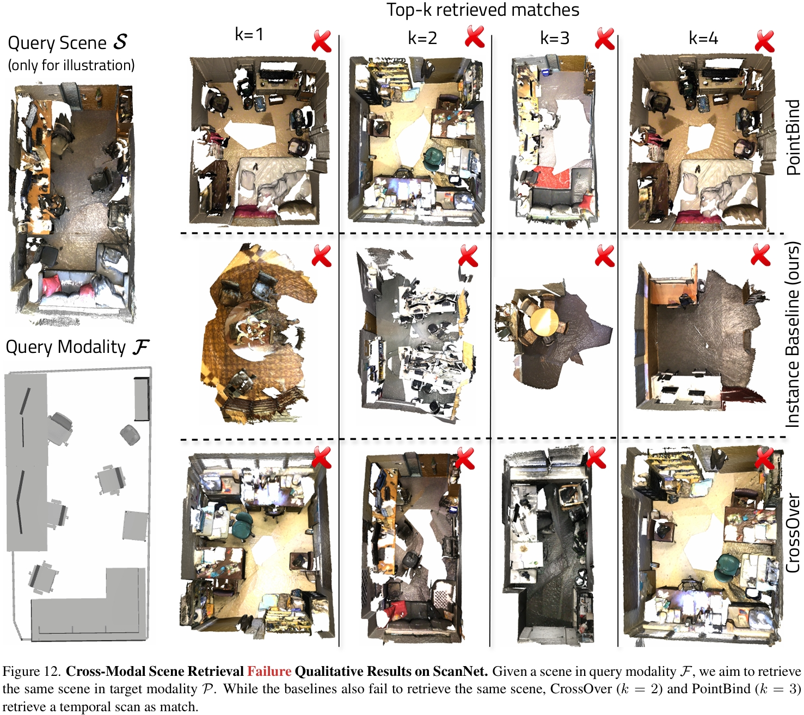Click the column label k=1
(249, 34)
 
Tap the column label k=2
(422, 38)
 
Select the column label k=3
(554, 38)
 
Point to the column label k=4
(703, 38)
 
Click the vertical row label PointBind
(793, 137)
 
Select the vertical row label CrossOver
(793, 533)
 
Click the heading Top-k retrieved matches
(483, 10)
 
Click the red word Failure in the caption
(269, 672)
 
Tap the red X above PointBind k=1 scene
(322, 41)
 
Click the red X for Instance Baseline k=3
(604, 255)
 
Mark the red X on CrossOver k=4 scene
(764, 458)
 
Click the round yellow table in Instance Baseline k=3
(544, 322)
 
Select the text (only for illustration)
(71, 65)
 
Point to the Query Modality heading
(78, 347)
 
